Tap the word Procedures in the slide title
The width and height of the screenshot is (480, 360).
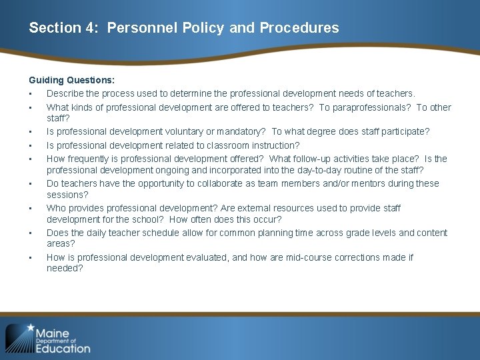[299, 28]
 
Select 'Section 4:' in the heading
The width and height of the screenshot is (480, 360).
[65, 28]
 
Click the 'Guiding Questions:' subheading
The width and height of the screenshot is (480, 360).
[71, 80]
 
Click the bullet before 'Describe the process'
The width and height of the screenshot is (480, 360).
[31, 94]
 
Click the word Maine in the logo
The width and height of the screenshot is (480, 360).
[53, 333]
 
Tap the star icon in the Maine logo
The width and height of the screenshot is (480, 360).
[29, 329]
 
